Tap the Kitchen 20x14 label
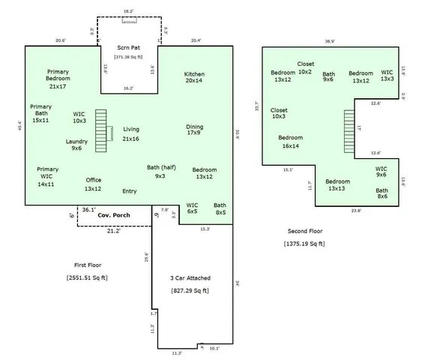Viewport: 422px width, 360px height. point(194,79)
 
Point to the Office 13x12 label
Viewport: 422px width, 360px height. point(93,184)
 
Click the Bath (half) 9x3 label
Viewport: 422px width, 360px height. point(160,172)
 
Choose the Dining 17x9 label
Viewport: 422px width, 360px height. point(194,130)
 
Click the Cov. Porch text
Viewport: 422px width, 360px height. point(114,214)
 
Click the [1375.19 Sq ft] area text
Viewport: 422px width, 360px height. point(304,244)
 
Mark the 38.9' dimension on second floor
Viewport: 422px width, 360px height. point(330,41)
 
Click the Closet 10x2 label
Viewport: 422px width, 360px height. point(305,68)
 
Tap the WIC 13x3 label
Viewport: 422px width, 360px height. point(387,76)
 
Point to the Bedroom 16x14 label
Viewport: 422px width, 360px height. point(290,142)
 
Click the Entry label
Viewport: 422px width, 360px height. point(129,191)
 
